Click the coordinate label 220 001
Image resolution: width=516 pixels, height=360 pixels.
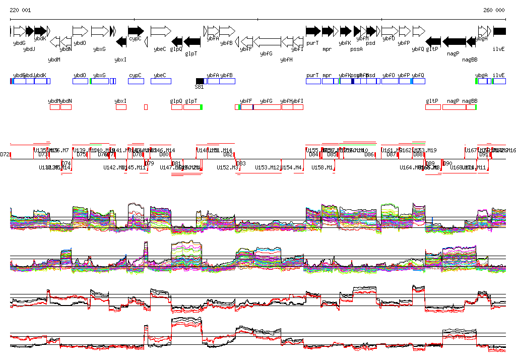pyautogui.click(x=20, y=10)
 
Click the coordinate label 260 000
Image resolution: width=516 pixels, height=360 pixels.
pyautogui.click(x=494, y=10)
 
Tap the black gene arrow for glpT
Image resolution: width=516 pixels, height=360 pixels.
pyautogui.click(x=192, y=41)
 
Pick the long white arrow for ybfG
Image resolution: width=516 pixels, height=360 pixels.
pyautogui.click(x=267, y=41)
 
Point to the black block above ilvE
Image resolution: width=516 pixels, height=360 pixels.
pyautogui.click(x=499, y=31)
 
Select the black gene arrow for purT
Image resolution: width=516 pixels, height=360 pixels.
pyautogui.click(x=313, y=31)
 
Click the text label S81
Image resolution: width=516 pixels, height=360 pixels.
pyautogui.click(x=199, y=87)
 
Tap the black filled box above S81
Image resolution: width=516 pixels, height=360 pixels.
pyautogui.click(x=200, y=81)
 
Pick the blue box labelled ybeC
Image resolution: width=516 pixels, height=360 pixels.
pyautogui.click(x=161, y=81)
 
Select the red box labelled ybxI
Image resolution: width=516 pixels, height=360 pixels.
pyautogui.click(x=121, y=107)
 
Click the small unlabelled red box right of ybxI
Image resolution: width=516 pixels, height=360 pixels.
pyautogui.click(x=146, y=107)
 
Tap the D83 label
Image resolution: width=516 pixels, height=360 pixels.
pyautogui.click(x=241, y=163)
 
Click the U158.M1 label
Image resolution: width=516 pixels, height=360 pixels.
pyautogui.click(x=322, y=167)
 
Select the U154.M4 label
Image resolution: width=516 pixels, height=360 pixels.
pyautogui.click(x=291, y=167)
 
